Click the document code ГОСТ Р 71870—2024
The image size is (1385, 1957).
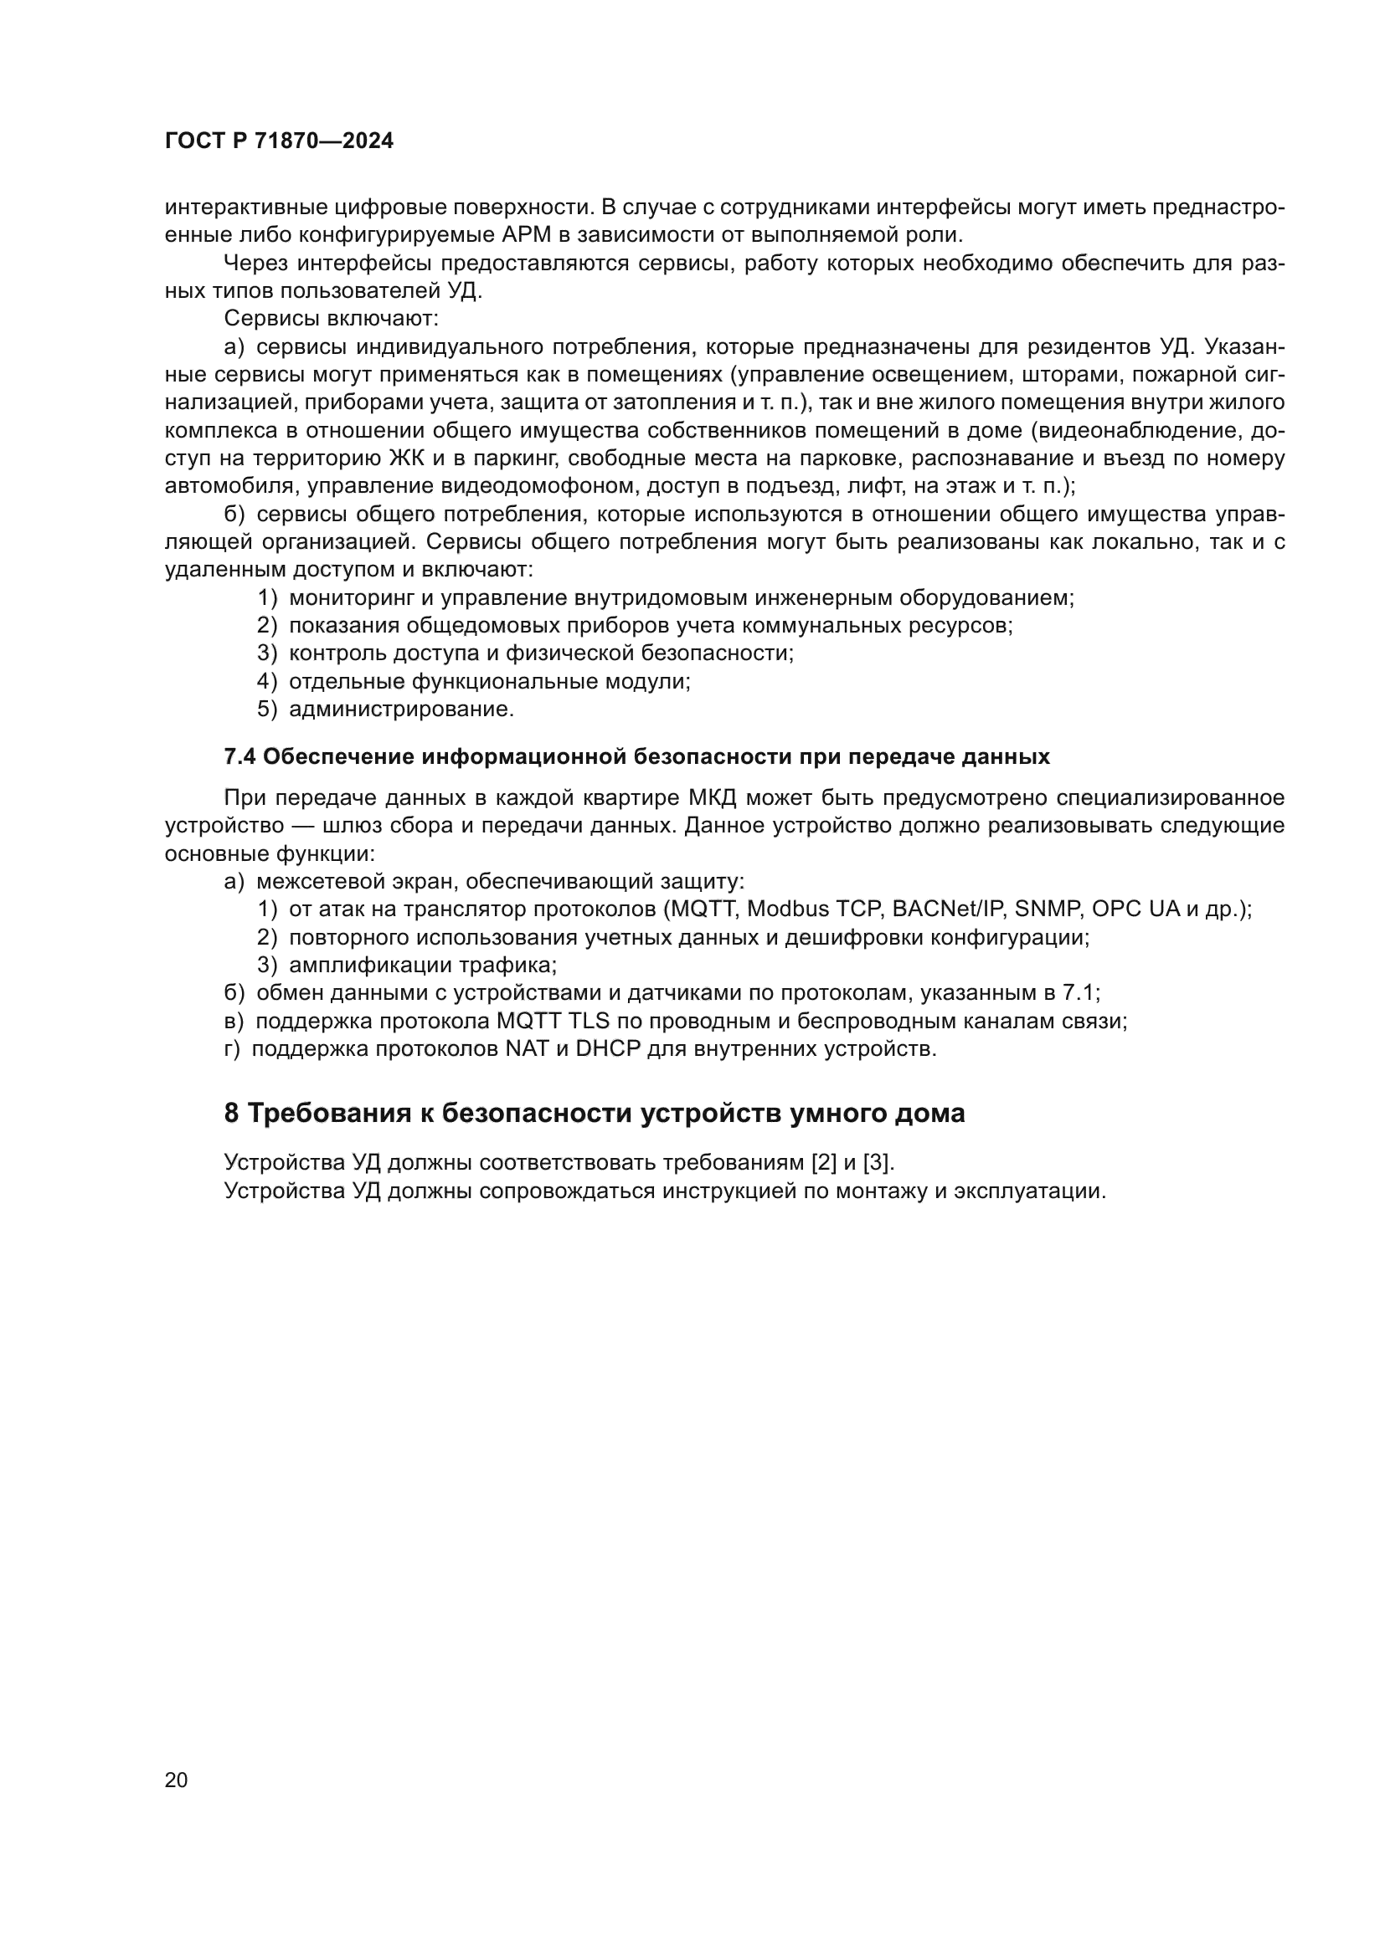[279, 141]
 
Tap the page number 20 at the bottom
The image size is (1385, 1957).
[177, 1780]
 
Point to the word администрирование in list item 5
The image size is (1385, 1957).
[401, 710]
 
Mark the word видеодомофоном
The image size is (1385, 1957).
[541, 487]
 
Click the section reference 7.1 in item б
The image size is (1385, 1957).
[1079, 994]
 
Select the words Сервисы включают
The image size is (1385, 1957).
[331, 319]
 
